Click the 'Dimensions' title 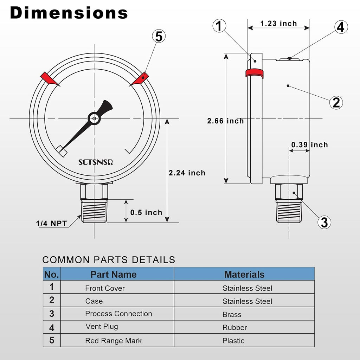point(69,13)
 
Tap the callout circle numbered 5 point(159,36)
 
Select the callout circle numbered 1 point(219,26)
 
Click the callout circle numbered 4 point(341,27)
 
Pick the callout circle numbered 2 point(336,102)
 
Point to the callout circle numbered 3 point(324,222)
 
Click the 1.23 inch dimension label point(278,24)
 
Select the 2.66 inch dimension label point(225,121)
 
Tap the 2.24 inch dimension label point(187,173)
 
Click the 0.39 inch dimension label point(309,144)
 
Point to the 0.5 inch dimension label point(146,212)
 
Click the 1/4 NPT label point(51,223)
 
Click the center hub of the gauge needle point(94,118)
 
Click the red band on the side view point(254,73)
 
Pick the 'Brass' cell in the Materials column point(232,314)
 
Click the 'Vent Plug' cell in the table point(102,327)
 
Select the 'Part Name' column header point(113,274)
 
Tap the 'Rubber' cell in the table point(234,327)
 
